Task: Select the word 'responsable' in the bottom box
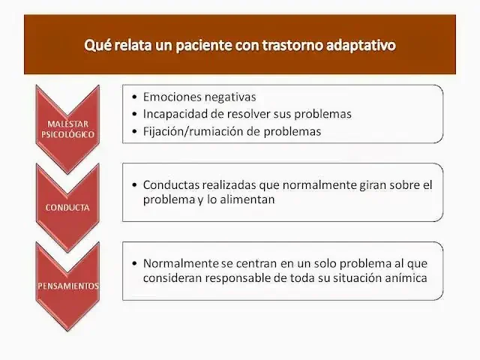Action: click(240, 279)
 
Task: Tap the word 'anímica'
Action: click(406, 279)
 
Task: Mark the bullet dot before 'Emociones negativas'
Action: click(133, 97)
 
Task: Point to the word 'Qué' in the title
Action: click(96, 45)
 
